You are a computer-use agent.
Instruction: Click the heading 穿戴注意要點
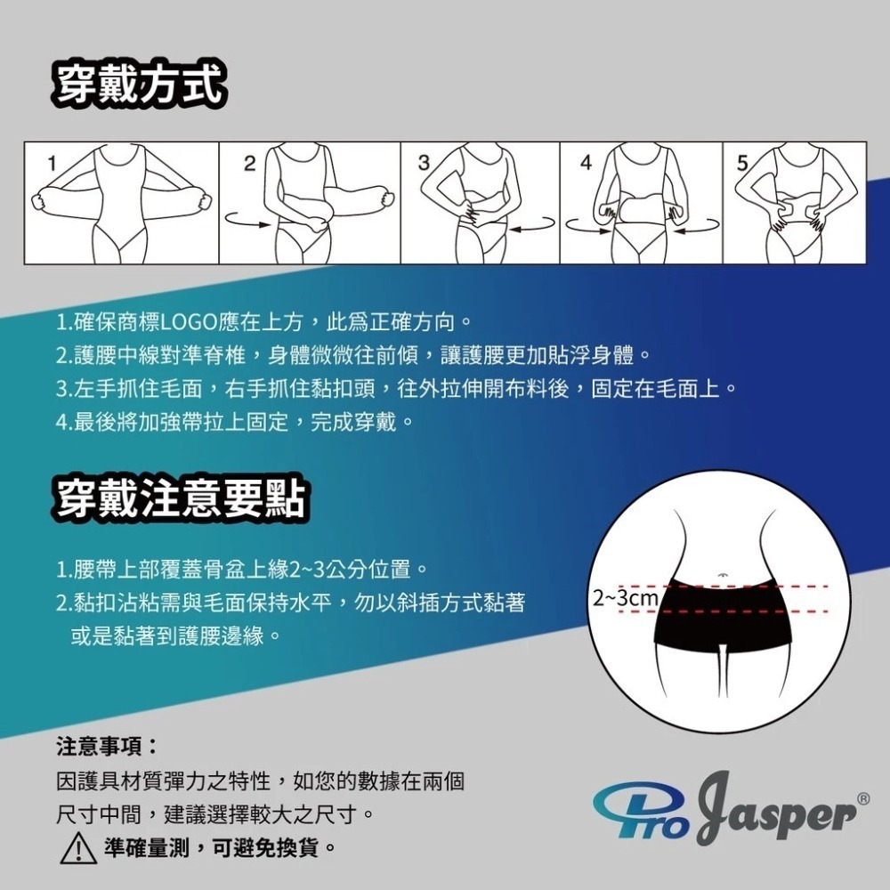tap(180, 498)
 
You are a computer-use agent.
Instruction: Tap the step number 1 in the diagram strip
tap(53, 163)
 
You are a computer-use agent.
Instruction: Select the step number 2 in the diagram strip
tap(249, 163)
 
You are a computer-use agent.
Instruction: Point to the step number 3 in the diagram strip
tap(424, 163)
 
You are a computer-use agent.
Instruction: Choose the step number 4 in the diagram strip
tap(585, 163)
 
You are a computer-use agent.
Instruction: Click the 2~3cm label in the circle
tap(626, 597)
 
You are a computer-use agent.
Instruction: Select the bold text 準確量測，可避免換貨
tap(220, 844)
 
